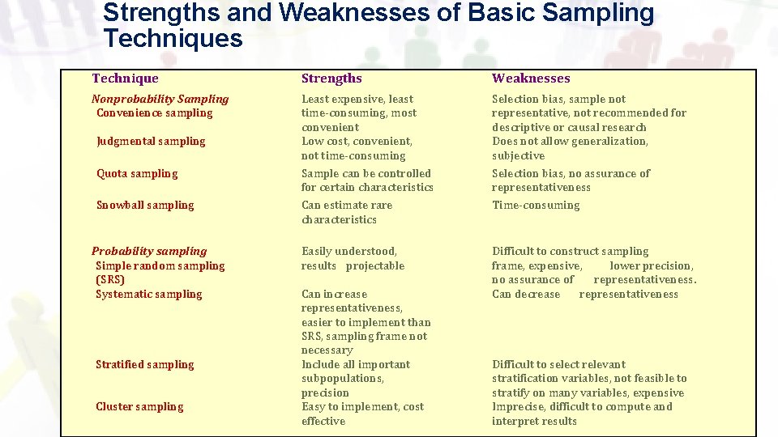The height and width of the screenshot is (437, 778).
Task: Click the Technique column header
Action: [x=125, y=78]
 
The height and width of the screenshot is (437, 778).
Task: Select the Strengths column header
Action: [x=331, y=78]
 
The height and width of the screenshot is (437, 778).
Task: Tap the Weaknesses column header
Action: [x=531, y=78]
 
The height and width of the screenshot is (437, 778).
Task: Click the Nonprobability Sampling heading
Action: [x=160, y=99]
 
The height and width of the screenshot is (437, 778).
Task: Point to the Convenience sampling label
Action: [x=154, y=113]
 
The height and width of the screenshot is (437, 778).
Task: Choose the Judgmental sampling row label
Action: [x=151, y=142]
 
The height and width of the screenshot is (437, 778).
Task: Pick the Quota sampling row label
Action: [x=137, y=174]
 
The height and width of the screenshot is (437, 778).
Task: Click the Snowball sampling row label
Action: [x=145, y=206]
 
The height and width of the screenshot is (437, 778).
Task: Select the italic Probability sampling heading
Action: [x=149, y=252]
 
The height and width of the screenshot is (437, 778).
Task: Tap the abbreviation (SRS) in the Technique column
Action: [x=110, y=280]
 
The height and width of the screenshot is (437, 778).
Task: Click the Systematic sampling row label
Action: [x=149, y=295]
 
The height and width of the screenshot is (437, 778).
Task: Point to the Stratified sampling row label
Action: [x=145, y=365]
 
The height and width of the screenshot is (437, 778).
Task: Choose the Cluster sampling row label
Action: [x=139, y=407]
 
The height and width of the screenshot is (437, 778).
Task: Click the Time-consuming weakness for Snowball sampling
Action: [x=536, y=206]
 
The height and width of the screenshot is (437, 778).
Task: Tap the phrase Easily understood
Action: [x=349, y=252]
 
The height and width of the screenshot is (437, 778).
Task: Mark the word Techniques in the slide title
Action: [x=173, y=38]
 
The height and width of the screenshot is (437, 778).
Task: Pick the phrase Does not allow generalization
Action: [x=570, y=142]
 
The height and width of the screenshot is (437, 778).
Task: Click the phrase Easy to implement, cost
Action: [x=362, y=407]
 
